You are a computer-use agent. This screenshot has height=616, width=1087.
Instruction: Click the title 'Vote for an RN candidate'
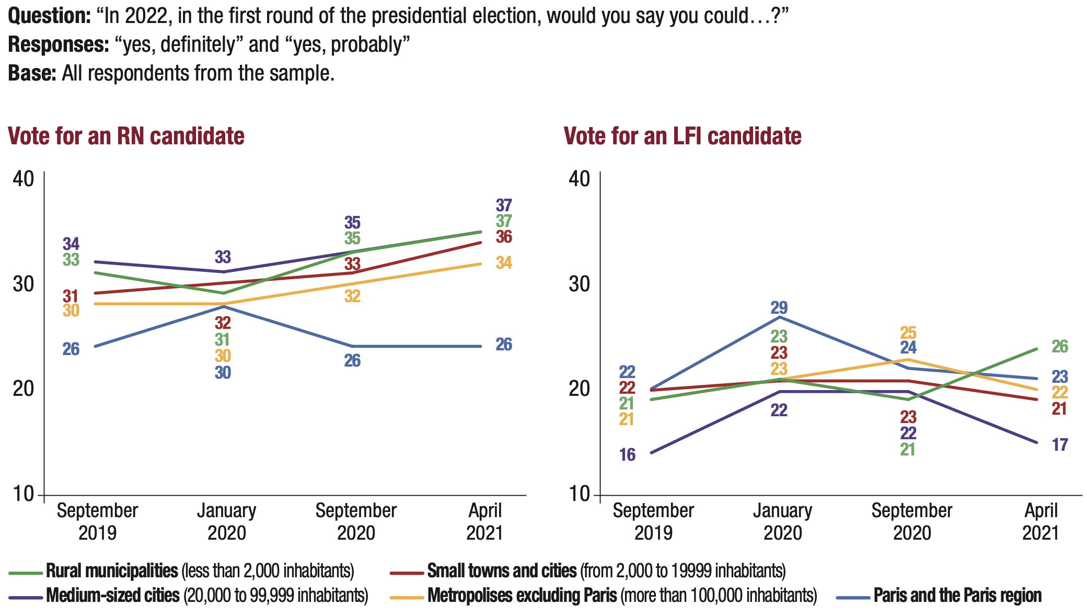coord(126,136)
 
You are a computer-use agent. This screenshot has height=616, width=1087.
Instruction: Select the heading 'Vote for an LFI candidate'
coord(683,136)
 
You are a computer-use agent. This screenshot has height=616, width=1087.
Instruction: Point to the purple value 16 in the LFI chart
coord(627,455)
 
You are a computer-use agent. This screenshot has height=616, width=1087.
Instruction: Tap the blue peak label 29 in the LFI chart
coord(779,307)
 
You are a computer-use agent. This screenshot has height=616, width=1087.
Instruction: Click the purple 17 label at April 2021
coord(1060,445)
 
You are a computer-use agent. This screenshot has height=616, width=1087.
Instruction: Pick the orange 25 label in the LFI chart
coord(908,333)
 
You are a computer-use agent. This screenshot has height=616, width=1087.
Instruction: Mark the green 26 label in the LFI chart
coord(1060,346)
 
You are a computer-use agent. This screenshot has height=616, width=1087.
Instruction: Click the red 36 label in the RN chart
coord(504,237)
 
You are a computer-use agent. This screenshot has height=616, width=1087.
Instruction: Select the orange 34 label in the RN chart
coord(504,263)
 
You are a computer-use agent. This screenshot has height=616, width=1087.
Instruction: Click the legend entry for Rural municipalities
coord(112,571)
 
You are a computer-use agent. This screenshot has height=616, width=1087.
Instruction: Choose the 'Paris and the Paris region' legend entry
coord(957,596)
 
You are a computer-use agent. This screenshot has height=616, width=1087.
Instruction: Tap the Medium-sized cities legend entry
coord(112,596)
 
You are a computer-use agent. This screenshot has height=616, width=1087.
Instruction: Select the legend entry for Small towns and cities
coord(502,571)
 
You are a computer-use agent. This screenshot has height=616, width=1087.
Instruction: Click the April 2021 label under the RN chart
coord(484,521)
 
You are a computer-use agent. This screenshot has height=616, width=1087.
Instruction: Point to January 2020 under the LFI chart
coord(782,521)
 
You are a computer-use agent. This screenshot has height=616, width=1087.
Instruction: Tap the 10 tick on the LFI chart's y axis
coord(579,494)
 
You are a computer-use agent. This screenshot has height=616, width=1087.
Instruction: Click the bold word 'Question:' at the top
coord(50,16)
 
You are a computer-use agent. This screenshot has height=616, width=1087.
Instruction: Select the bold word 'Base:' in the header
coord(32,73)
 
